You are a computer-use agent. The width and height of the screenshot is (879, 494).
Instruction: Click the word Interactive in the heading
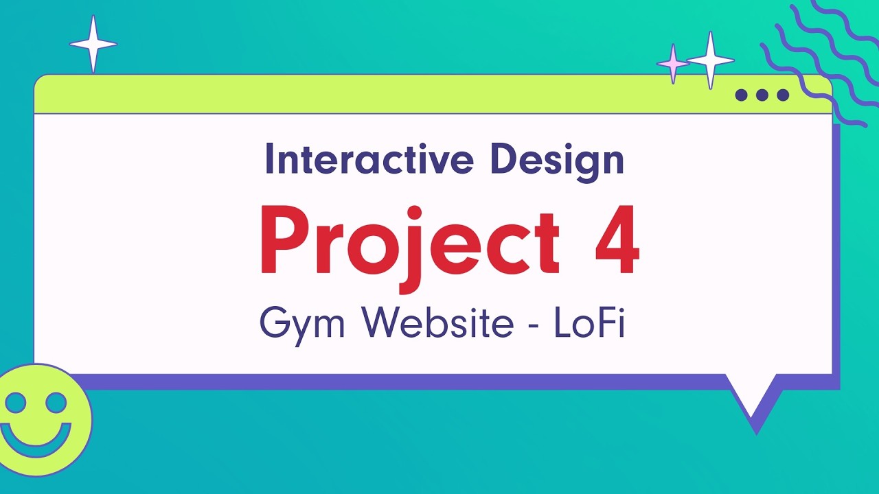tap(369, 159)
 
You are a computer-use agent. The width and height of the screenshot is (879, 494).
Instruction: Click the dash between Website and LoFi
tap(533, 324)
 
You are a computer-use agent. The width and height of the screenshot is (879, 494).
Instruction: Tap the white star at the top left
tap(93, 45)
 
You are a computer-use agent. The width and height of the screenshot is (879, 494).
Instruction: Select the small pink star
tap(673, 64)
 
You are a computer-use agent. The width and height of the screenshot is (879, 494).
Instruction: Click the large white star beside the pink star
tap(711, 60)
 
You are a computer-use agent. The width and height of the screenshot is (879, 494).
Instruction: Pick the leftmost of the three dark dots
tap(742, 95)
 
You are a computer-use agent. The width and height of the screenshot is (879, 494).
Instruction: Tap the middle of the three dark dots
tap(762, 95)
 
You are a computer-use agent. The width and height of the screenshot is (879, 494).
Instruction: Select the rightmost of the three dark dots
tap(783, 95)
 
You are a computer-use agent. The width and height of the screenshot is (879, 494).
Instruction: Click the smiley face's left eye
tap(15, 402)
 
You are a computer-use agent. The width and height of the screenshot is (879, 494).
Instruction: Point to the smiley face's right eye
tap(56, 402)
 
